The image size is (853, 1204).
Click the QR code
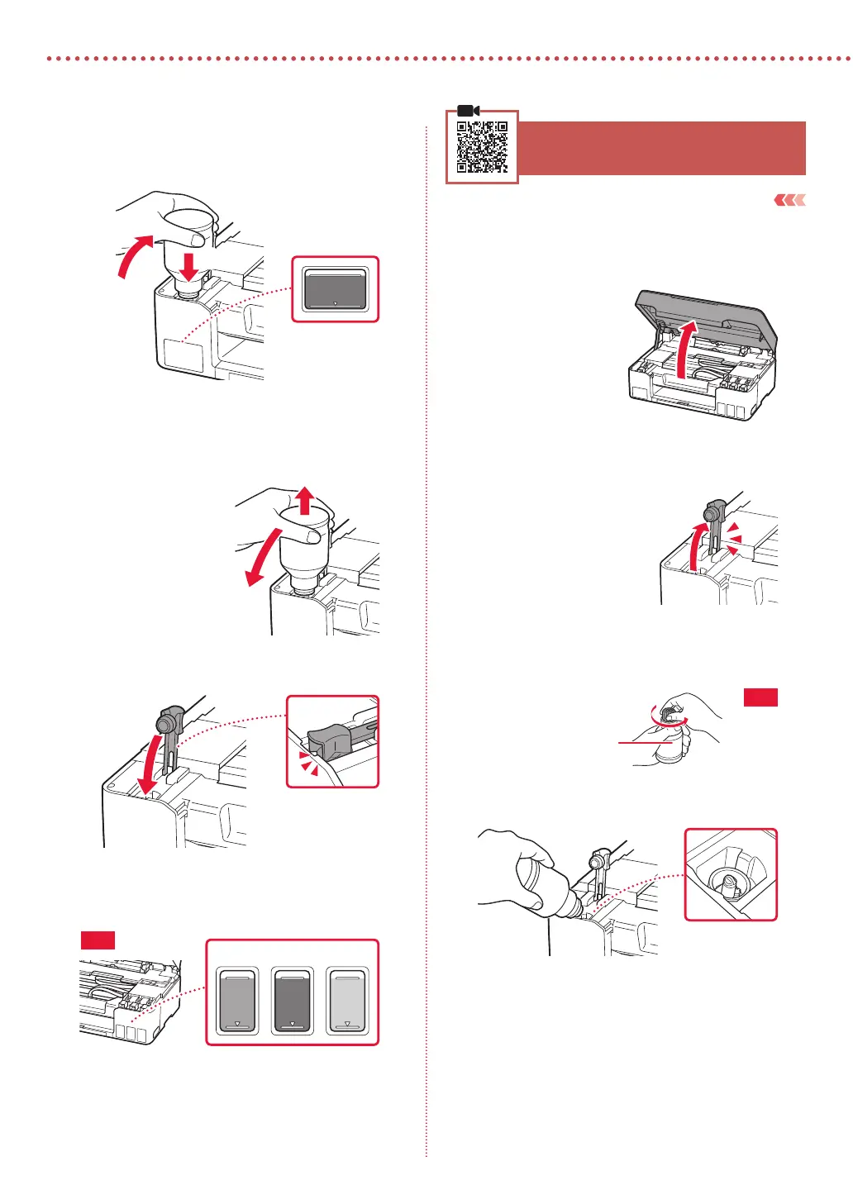point(482,147)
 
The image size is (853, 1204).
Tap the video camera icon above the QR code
point(468,111)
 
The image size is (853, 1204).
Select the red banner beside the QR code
point(661,148)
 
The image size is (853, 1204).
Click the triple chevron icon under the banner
point(789,200)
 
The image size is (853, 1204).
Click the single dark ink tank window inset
point(335,288)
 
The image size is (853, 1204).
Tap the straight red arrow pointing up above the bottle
point(305,499)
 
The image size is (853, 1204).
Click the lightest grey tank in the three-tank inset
point(347,1001)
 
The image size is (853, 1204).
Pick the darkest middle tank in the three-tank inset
point(292,1001)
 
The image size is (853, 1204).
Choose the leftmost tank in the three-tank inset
point(237,1001)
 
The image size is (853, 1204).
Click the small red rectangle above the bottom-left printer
point(98,940)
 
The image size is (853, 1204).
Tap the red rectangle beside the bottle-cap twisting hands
point(760,697)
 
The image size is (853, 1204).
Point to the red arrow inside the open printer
point(684,351)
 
